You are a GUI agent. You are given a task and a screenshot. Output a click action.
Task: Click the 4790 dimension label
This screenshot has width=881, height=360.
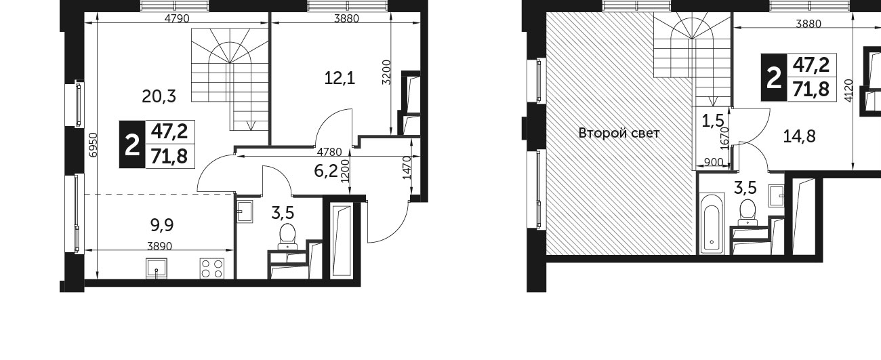[177, 18]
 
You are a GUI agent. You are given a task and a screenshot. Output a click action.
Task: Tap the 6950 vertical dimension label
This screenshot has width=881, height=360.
[92, 145]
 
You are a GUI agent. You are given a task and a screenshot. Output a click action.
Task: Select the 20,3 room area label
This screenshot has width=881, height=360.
[159, 96]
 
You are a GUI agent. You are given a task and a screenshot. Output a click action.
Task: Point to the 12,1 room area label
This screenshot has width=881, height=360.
[340, 78]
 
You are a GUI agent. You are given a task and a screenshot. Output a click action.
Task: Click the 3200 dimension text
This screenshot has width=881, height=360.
[387, 72]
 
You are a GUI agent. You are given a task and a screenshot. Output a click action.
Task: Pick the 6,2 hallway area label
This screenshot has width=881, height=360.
[326, 171]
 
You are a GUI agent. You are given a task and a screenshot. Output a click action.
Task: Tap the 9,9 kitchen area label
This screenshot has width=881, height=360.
[162, 225]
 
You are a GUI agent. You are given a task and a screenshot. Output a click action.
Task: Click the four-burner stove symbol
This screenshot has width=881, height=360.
[212, 268]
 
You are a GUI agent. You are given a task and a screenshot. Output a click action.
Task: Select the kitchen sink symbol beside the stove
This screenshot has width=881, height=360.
[157, 268]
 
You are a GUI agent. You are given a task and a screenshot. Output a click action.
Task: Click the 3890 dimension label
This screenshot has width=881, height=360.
[160, 246]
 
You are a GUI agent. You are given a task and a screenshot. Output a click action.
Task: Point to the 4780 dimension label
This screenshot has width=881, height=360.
[329, 151]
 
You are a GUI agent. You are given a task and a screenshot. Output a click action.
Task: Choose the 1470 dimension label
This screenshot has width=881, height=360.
[407, 168]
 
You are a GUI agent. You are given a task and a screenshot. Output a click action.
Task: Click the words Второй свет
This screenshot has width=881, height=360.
[619, 134]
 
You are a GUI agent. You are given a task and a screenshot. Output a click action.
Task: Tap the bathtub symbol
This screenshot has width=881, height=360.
[712, 223]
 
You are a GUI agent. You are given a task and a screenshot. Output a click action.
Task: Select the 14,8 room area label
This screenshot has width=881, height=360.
[799, 136]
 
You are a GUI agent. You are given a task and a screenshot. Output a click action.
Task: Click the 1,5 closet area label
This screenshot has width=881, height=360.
[713, 120]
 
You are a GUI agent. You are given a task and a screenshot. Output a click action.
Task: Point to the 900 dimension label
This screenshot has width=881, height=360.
[714, 162]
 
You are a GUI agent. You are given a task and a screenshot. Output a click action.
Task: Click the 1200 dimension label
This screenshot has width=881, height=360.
[346, 171]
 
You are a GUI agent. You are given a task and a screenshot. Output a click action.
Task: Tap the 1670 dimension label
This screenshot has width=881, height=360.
[726, 138]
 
